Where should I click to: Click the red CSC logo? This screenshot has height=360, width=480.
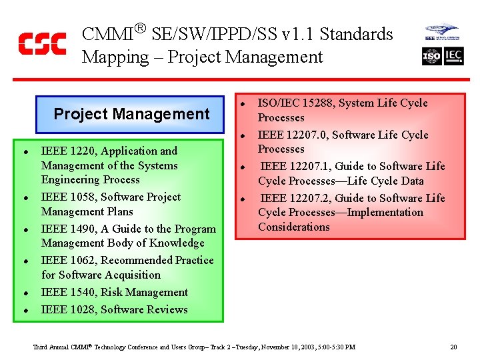(x=42, y=43)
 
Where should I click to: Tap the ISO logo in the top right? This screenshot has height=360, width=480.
(x=432, y=57)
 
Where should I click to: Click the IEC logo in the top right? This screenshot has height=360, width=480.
(x=454, y=57)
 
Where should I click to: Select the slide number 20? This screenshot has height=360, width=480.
(x=453, y=347)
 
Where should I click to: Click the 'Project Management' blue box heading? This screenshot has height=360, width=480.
(x=131, y=114)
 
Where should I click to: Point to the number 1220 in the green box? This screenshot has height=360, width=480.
(x=81, y=151)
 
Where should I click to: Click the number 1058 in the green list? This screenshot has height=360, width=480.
(x=81, y=197)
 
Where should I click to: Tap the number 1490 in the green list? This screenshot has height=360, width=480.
(x=81, y=229)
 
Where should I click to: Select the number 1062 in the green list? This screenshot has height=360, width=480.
(x=81, y=261)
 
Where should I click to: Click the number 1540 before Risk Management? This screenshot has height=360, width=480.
(x=81, y=293)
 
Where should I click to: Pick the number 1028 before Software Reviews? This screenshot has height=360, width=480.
(x=81, y=309)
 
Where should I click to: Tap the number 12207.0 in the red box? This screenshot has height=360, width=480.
(x=308, y=135)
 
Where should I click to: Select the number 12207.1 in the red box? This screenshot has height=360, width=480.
(x=310, y=167)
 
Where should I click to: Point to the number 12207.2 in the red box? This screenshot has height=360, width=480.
(x=310, y=198)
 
